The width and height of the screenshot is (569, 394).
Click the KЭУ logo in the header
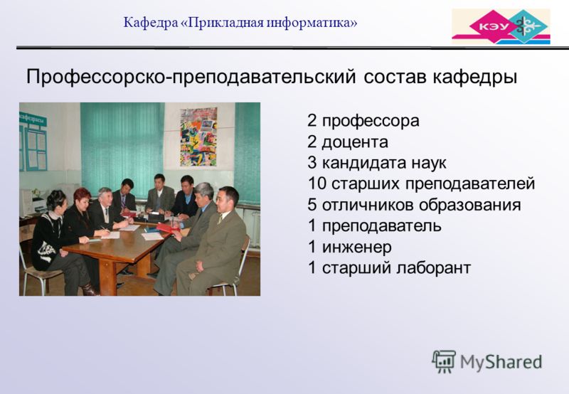pyautogui.click(x=501, y=26)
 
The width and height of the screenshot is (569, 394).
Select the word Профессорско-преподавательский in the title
pyautogui.click(x=191, y=78)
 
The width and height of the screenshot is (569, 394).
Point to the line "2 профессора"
pyautogui.click(x=363, y=121)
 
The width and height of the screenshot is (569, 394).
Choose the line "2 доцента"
pyautogui.click(x=348, y=142)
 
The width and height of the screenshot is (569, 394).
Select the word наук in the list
pyautogui.click(x=429, y=163)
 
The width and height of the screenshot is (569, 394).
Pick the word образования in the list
pyautogui.click(x=470, y=205)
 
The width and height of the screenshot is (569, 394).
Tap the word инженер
pyautogui.click(x=357, y=247)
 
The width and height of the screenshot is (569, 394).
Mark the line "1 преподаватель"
pyautogui.click(x=375, y=226)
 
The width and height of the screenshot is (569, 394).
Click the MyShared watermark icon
pyautogui.click(x=444, y=361)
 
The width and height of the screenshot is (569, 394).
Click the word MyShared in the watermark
pyautogui.click(x=501, y=362)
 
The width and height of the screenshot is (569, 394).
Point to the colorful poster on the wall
pyautogui.click(x=198, y=137)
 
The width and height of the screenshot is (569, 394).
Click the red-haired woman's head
pyautogui.click(x=83, y=198)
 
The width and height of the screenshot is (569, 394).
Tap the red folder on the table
pyautogui.click(x=168, y=228)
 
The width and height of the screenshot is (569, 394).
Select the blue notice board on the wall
pyautogui.click(x=33, y=142)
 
